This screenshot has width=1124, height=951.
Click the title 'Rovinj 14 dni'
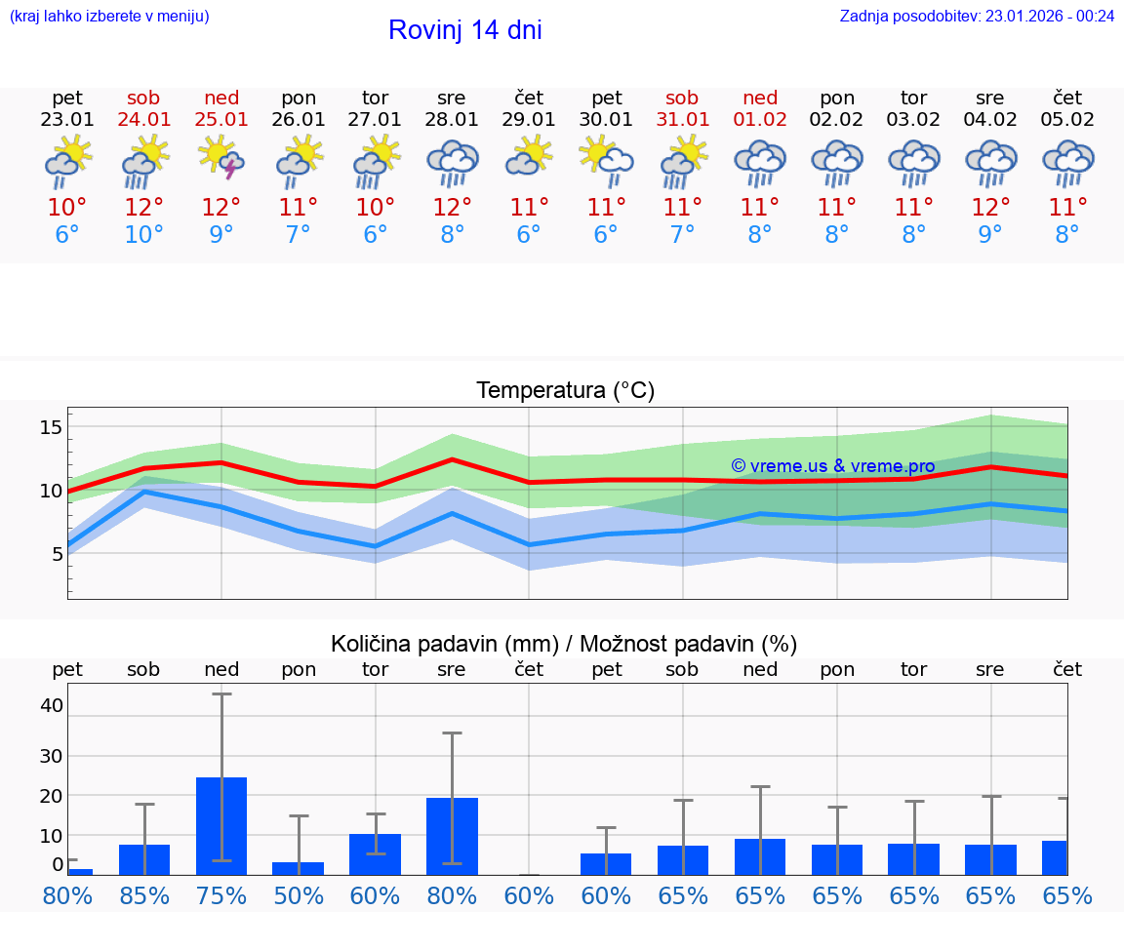tap(464, 30)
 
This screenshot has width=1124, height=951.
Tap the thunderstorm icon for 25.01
tap(221, 159)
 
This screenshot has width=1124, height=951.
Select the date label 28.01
tap(452, 120)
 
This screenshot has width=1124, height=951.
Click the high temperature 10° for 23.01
tap(67, 208)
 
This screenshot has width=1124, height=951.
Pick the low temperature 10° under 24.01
tap(144, 235)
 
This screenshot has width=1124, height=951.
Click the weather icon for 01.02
tap(760, 162)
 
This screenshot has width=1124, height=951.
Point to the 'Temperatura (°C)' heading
tap(565, 391)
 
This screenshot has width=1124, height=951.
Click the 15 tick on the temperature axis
tap(52, 427)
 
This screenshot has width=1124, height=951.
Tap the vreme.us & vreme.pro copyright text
tap(833, 466)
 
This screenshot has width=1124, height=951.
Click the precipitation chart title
tap(564, 644)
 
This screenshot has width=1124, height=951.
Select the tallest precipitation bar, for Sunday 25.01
tap(221, 825)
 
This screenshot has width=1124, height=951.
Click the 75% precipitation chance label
tap(221, 896)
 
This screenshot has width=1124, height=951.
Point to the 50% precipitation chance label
tap(299, 896)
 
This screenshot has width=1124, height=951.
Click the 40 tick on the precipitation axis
tap(52, 705)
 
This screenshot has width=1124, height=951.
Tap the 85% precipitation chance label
tap(144, 896)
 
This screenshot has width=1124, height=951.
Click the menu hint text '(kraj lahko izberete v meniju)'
tap(109, 16)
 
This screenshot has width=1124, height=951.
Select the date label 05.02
tap(1067, 120)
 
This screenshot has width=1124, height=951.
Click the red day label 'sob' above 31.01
tap(682, 98)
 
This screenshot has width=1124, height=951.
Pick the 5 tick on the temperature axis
tap(57, 554)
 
